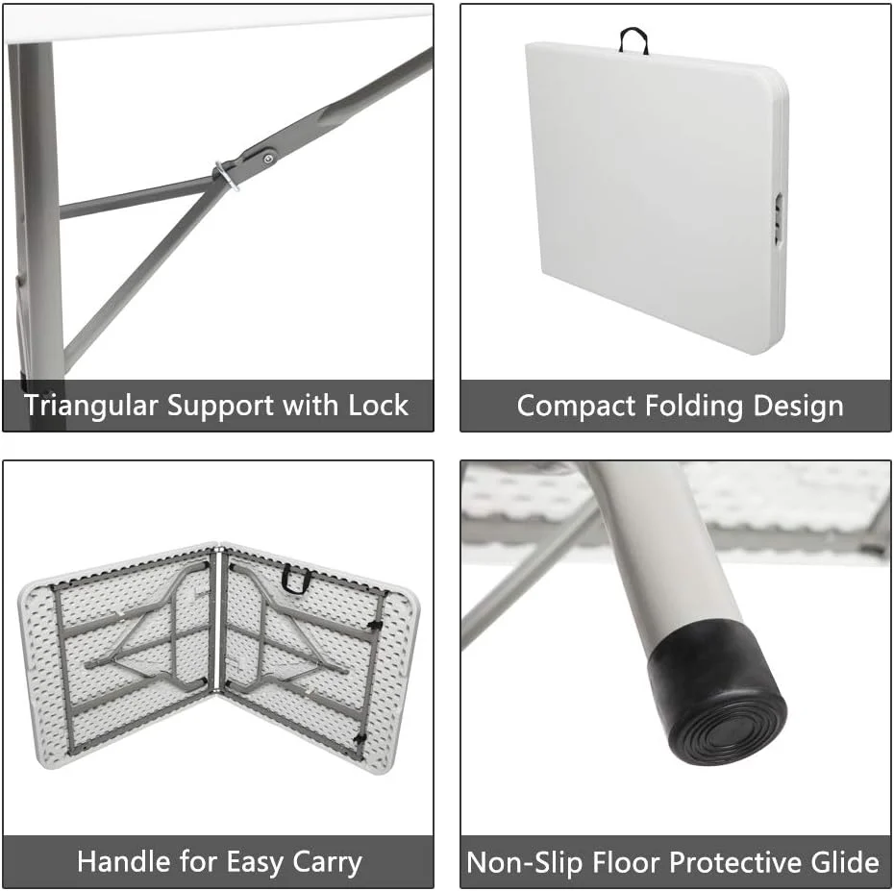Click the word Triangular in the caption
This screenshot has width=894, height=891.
point(90,407)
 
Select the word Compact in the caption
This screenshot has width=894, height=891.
point(576,407)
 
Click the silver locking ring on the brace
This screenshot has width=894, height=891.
point(226,176)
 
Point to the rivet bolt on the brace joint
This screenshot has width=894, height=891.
point(267,158)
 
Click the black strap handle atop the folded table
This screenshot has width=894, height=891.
point(633,40)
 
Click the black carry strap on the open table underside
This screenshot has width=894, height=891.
point(295,580)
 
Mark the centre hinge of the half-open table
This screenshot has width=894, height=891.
point(218,620)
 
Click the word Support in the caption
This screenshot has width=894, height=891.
point(220,407)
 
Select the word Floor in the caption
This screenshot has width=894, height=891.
point(626,861)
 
